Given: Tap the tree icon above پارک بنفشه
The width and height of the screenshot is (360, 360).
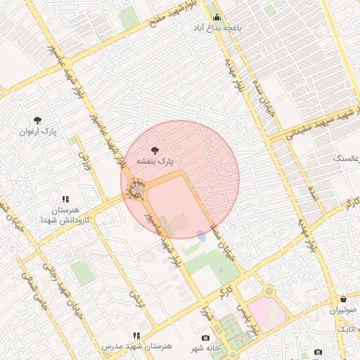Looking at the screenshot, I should tap(155, 150).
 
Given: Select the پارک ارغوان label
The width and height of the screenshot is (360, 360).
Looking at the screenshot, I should tap(37, 131).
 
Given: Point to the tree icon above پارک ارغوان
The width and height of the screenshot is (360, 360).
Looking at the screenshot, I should tap(37, 120).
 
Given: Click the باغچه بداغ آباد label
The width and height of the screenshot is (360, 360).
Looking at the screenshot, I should tap(217, 28).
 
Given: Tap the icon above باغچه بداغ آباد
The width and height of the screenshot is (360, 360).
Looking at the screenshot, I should tap(216, 17).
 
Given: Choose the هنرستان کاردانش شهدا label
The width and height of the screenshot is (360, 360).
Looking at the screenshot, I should tap(65, 216).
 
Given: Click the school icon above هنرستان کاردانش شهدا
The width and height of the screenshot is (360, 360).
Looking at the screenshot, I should tap(65, 200).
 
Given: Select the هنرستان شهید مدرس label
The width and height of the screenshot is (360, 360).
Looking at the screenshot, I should tap(136, 347).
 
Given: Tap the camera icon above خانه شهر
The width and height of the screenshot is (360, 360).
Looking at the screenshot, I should tap(205, 338).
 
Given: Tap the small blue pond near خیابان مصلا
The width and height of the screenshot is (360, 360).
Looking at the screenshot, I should tap(202, 236).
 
